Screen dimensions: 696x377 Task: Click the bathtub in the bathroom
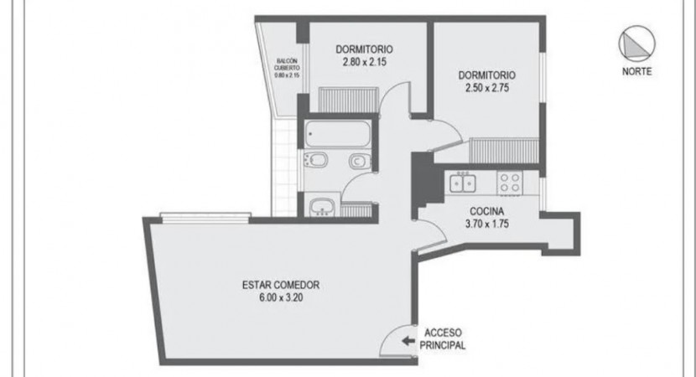[x=338, y=134]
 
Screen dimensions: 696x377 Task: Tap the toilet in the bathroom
[x=360, y=161]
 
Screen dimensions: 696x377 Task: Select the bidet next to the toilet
[x=316, y=160]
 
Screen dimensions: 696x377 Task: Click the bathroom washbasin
[x=322, y=207]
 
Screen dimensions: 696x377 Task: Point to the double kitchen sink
[x=463, y=183]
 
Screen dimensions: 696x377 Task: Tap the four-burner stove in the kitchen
[x=510, y=183]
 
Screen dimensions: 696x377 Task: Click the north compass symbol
[x=637, y=44]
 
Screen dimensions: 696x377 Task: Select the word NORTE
[x=637, y=71]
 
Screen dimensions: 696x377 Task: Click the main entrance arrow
[x=408, y=341]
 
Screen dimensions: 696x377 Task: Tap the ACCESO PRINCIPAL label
[x=443, y=338]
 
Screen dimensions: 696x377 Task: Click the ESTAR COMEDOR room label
[x=281, y=285]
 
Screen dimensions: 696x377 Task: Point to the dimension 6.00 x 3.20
[x=281, y=297]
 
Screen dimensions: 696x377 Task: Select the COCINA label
[x=487, y=211]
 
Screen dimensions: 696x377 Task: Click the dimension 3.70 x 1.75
[x=487, y=224]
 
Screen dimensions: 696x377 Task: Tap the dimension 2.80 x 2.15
[x=364, y=62]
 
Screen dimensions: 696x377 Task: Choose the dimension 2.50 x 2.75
[x=487, y=87]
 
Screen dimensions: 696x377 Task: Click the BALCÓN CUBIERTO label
[x=287, y=65]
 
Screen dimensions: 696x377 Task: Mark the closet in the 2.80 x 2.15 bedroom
[x=349, y=100]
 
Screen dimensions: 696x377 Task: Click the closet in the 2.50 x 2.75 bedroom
[x=504, y=151]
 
